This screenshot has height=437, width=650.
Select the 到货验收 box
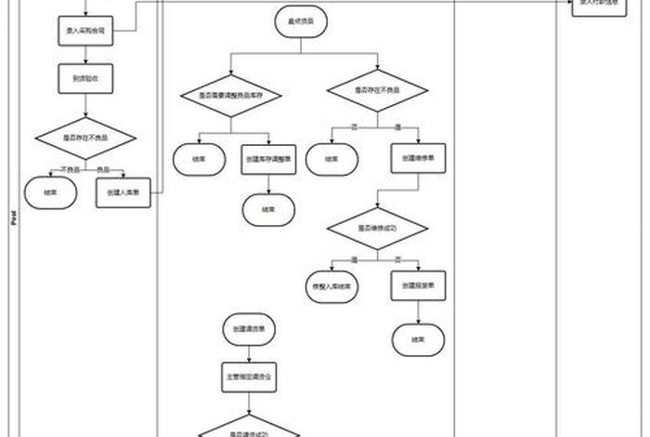pyautogui.click(x=85, y=79)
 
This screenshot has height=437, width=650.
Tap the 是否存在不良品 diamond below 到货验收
pyautogui.click(x=85, y=138)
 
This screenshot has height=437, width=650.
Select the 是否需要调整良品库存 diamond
pyautogui.click(x=230, y=94)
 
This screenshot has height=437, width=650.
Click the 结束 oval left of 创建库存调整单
pyautogui.click(x=198, y=159)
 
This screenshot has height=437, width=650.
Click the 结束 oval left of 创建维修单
pyautogui.click(x=331, y=159)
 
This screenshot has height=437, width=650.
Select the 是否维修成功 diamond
pyautogui.click(x=377, y=227)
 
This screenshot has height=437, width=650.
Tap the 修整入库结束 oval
pyautogui.click(x=331, y=286)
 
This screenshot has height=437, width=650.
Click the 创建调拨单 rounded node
pyautogui.click(x=249, y=329)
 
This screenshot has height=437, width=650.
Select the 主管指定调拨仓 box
pyautogui.click(x=249, y=379)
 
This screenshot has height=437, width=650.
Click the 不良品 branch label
pyautogui.click(x=68, y=169)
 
